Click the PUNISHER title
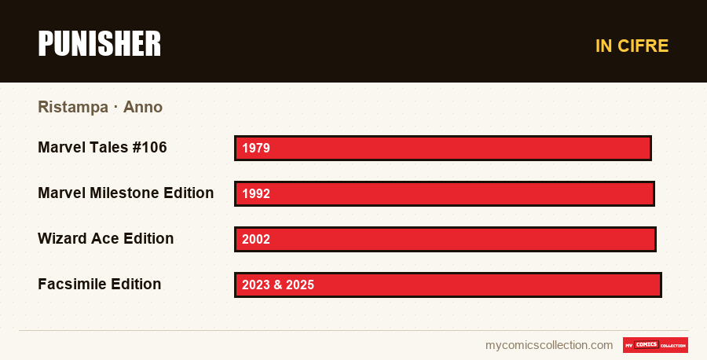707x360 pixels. [x=99, y=44]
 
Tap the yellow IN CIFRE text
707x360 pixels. [x=632, y=46]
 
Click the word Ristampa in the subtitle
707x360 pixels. [x=73, y=108]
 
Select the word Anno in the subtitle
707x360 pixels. [x=142, y=107]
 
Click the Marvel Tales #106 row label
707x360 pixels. [x=102, y=148]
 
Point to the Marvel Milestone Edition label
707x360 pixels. [x=126, y=193]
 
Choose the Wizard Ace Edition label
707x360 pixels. [x=105, y=239]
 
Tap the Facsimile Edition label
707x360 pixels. [x=99, y=285]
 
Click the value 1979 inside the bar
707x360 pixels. [x=255, y=148]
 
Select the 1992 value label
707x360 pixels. [x=255, y=193]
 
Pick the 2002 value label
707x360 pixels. [x=255, y=239]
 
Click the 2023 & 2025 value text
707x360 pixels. [x=278, y=285]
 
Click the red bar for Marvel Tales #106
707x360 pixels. [x=443, y=148]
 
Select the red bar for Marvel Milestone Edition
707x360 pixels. [x=445, y=193]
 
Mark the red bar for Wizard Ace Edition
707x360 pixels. [x=445, y=239]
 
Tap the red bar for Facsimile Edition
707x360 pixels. [x=448, y=285]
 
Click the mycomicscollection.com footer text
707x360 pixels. [x=549, y=345]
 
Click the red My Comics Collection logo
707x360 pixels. [x=655, y=345]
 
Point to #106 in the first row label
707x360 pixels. [x=150, y=148]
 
